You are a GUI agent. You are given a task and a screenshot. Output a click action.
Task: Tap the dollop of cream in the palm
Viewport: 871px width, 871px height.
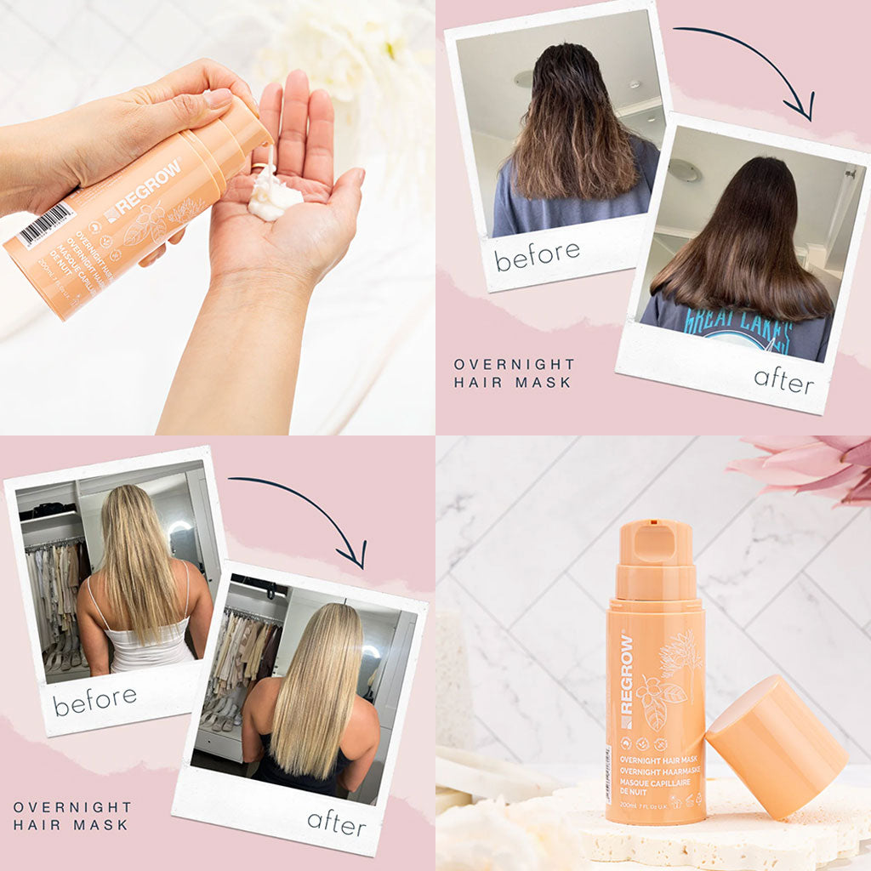point(275,202)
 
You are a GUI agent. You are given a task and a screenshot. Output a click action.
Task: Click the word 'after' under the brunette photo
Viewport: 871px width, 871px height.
point(783,379)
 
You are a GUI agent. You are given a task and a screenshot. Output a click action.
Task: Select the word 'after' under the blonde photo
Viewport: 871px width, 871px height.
point(336,822)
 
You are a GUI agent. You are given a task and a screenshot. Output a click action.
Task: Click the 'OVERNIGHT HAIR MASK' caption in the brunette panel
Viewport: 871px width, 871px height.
point(514,373)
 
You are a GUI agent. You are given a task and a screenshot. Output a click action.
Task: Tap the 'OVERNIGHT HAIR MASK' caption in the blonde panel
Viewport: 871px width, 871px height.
point(72,815)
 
